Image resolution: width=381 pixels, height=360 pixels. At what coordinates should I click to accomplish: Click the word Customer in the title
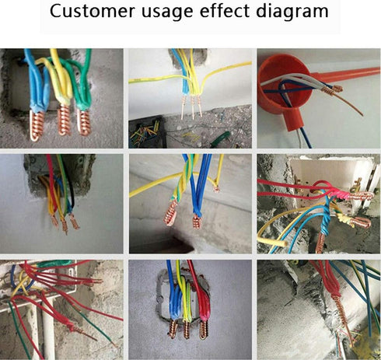pos(93,11)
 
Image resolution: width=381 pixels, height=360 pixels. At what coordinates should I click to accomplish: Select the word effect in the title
pos(224,11)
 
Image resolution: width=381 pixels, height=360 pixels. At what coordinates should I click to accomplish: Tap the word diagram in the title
pos(292,12)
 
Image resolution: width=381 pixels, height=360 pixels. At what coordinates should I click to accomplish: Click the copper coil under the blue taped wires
pos(37,125)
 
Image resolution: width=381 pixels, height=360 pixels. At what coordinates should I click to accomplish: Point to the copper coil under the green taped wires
pos(84,122)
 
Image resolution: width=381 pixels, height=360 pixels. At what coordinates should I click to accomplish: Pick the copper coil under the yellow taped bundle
pos(64,119)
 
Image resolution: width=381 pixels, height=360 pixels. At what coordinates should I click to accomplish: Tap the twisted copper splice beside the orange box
pos(332,89)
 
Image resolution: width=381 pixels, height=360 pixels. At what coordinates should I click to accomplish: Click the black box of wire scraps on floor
pos(145,131)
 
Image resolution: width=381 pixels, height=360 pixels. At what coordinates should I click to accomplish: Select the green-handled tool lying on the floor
pos(220,139)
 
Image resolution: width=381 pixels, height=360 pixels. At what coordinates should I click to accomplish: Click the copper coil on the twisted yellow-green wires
pos(170,212)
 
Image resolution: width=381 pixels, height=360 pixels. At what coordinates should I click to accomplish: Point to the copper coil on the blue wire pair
pos(197,222)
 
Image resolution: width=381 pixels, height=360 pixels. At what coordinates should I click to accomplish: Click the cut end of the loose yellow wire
pos(285,243)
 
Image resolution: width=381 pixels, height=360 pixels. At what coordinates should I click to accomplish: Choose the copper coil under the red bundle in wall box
pos(203,330)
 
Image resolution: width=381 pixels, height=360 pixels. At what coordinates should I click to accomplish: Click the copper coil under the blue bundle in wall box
pos(173,329)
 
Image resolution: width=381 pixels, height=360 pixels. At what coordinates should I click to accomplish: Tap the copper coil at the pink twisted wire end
pos(362,196)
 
